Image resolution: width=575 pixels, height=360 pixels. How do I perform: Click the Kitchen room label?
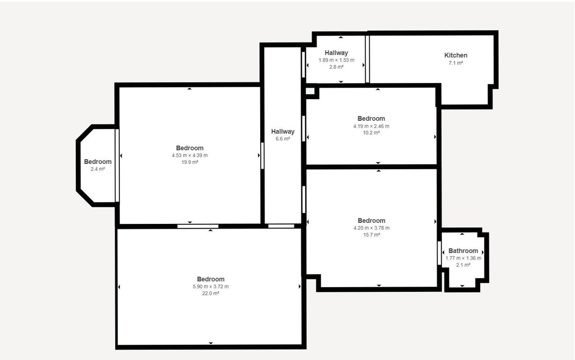456,55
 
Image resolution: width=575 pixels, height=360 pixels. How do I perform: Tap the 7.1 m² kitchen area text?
456,63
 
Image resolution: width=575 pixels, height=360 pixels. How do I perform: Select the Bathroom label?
463,251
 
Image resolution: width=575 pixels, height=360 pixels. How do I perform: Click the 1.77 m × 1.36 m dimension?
463,258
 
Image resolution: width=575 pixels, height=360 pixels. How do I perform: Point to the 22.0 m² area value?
210,293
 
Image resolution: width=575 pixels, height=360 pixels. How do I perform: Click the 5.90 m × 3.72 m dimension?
210,287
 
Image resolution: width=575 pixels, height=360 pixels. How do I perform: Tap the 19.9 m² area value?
190,162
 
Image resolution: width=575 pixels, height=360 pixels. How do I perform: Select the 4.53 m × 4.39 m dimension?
190,155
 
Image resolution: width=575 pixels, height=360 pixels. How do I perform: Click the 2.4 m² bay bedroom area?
98,169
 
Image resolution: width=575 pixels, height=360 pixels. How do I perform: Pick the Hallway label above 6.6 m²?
283,131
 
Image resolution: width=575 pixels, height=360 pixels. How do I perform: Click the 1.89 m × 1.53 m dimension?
336,60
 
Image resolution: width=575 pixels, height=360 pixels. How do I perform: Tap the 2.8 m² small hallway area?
336,67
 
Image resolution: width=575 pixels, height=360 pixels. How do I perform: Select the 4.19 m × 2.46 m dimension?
371,126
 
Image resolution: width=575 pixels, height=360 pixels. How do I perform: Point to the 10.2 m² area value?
371,133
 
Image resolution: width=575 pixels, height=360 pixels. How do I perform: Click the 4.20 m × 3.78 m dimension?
371,228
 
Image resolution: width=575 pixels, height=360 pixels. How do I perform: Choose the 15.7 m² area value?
371,234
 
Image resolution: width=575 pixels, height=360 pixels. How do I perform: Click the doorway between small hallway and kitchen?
368,59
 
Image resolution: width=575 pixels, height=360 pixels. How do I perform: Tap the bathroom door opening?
439,253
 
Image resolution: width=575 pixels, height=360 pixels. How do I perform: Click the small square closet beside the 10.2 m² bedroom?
310,91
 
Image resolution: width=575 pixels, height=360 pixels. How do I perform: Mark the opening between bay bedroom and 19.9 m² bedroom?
117,165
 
